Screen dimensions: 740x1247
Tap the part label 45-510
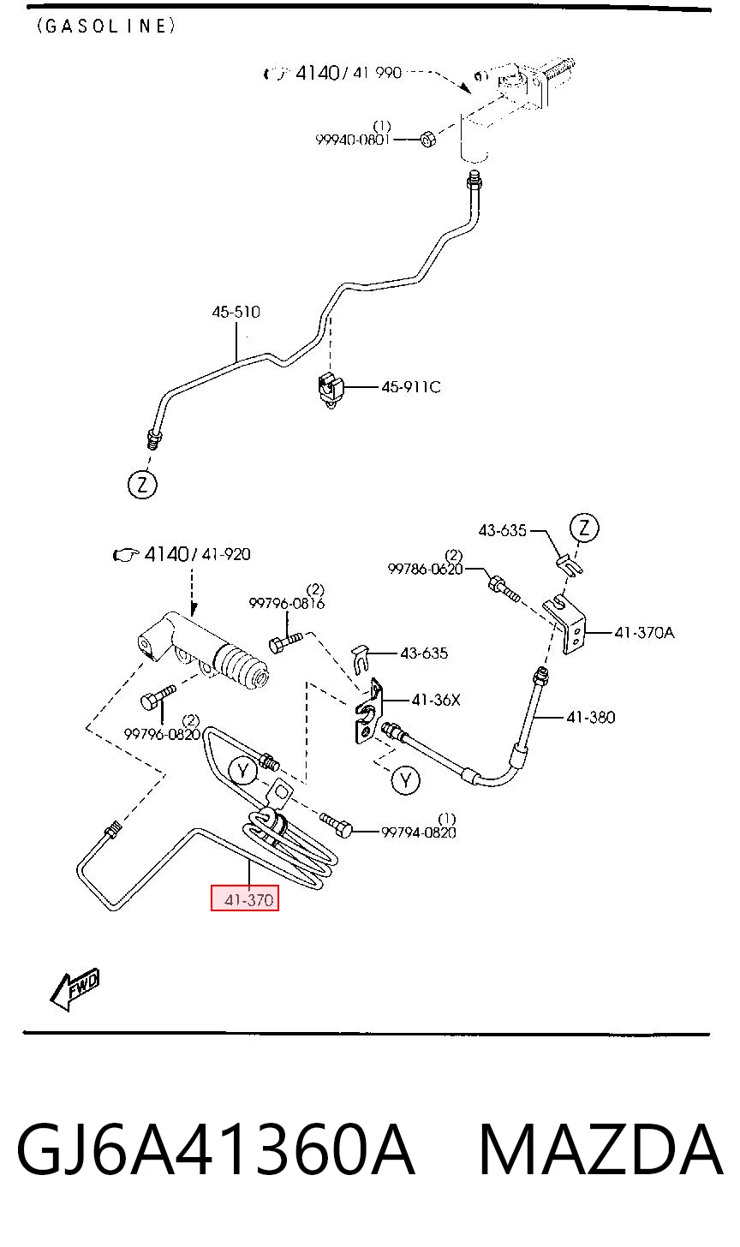coord(236,312)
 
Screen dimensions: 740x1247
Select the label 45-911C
coord(411,387)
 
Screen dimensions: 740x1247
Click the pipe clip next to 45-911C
coord(331,388)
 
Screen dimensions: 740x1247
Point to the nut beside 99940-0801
coord(427,138)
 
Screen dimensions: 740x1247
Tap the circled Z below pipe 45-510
coord(142,485)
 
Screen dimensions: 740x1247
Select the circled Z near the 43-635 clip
coord(583,528)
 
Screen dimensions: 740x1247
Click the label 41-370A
coord(644,632)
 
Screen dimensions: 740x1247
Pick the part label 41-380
coord(591,717)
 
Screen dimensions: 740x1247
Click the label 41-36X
coord(436,700)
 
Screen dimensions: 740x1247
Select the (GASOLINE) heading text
coord(106,26)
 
